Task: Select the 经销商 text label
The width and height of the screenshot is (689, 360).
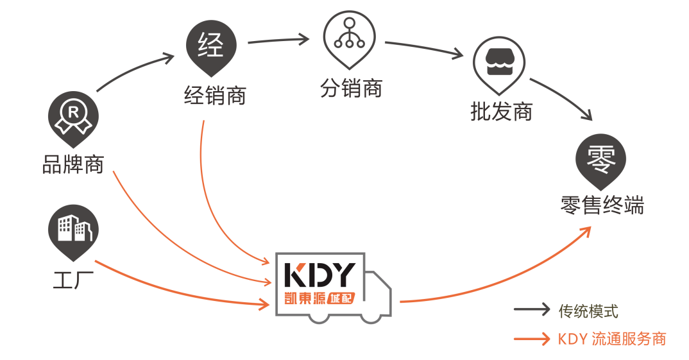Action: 214,97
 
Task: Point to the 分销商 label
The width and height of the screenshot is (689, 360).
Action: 351,89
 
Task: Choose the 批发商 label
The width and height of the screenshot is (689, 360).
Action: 501,113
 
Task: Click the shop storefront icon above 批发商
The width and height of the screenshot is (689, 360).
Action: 498,62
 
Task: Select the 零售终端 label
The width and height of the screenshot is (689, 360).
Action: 602,205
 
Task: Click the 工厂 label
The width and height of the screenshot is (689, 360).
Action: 73,280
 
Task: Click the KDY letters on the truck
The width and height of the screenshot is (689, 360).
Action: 319,275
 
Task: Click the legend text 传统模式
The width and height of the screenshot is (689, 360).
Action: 588,311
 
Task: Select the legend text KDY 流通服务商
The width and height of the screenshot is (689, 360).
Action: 611,339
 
